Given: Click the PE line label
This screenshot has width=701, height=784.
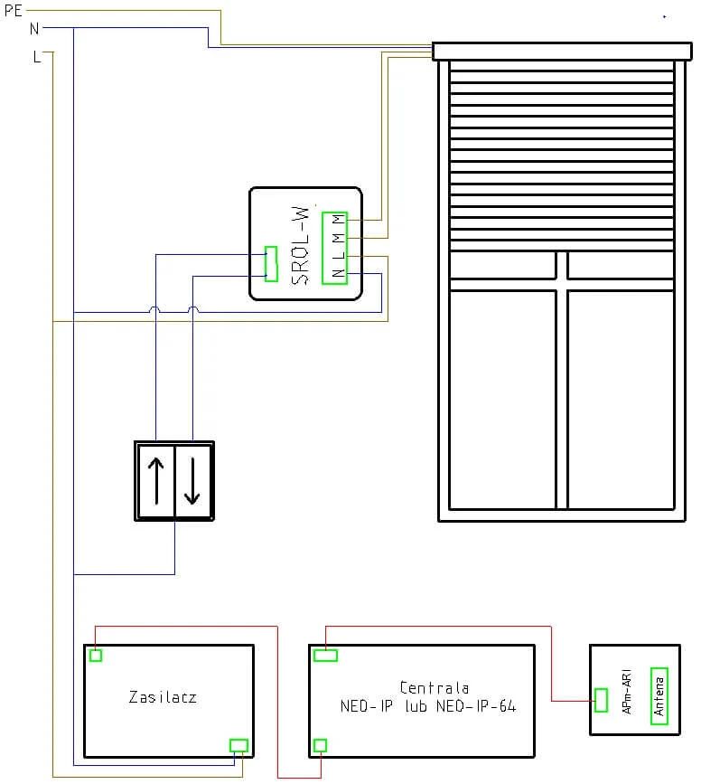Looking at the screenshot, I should [13, 11].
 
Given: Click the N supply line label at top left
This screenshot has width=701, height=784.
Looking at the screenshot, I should [34, 28].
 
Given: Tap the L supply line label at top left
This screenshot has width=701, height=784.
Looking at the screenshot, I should [36, 57].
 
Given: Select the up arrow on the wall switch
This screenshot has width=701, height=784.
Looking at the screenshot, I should [156, 481].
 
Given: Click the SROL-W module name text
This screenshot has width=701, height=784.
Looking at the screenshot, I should [302, 245].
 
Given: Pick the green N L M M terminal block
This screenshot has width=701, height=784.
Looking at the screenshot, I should [335, 247].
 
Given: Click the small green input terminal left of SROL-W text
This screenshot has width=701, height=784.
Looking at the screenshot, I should [270, 263].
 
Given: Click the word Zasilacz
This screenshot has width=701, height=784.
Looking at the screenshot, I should [163, 697].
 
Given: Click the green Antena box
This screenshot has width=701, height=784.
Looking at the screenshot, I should [659, 696].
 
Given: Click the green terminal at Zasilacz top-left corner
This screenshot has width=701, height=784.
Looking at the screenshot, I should [95, 656].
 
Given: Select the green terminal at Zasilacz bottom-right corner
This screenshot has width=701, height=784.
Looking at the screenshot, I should [238, 745].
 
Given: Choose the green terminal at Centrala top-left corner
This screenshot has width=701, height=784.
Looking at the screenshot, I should [325, 656].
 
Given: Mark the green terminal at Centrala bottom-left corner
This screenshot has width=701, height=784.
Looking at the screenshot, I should [319, 745].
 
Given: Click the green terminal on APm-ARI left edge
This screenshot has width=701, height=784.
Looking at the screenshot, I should [601, 700].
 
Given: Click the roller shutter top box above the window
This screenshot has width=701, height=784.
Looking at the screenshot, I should [561, 51].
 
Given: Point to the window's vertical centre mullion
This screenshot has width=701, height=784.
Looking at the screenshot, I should [562, 398].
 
